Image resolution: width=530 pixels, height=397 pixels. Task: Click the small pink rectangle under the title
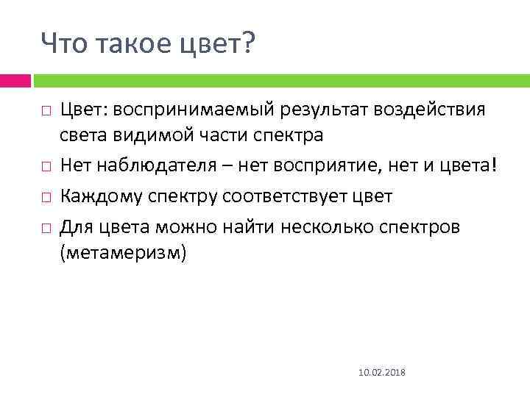(15, 80)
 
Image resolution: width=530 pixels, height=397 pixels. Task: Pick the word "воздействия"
(430, 111)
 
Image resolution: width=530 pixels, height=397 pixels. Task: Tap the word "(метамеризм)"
(124, 254)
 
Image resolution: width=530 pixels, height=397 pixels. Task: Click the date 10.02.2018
(375, 374)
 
